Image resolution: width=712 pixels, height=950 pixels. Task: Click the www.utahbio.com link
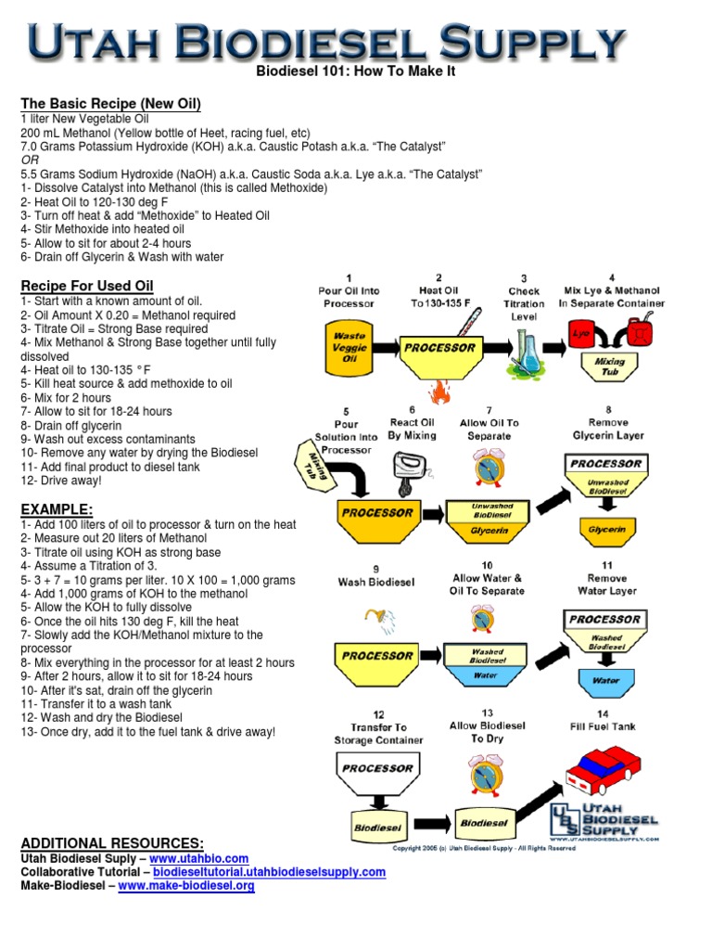pos(199,859)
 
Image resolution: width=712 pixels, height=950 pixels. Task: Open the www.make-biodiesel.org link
pos(186,886)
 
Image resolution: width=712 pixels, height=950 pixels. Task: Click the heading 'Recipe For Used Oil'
pos(87,286)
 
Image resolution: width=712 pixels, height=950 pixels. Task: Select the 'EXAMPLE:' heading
pos(57,509)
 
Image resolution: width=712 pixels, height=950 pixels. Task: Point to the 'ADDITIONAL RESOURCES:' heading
pos(112,842)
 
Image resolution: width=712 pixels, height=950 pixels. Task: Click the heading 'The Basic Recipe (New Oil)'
pos(110,103)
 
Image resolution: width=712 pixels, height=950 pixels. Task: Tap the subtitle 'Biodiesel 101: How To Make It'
pos(355,71)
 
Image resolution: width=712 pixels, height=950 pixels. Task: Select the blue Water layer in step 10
pos(488,675)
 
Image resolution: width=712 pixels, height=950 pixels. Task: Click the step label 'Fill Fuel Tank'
pos(604,726)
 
